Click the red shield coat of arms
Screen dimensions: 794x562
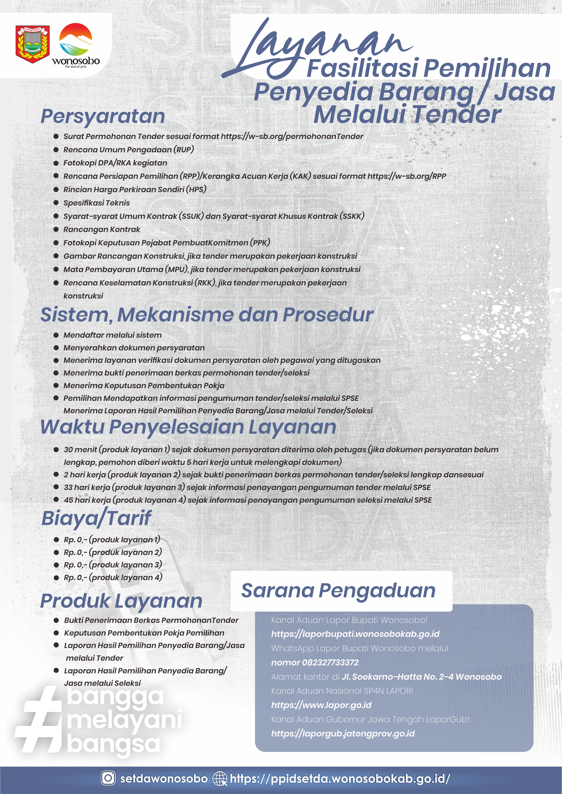(x=33, y=44)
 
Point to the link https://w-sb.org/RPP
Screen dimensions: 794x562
(x=407, y=176)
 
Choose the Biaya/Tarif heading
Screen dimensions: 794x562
(x=96, y=518)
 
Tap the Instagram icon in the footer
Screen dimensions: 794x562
(x=108, y=778)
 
